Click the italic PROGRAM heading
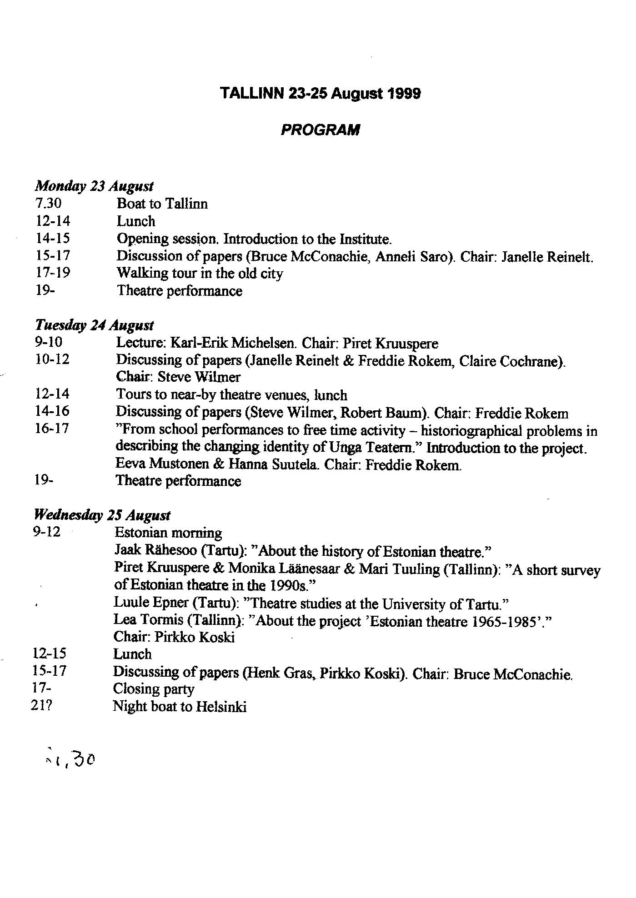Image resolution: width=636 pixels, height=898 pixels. point(320,130)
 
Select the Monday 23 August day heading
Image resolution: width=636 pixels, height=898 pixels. point(94,186)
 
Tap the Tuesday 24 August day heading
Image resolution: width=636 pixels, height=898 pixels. point(94,325)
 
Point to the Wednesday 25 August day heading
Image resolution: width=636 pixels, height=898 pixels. point(102,515)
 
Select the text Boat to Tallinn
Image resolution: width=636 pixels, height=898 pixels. point(162,204)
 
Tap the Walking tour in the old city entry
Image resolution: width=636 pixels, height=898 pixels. point(200,273)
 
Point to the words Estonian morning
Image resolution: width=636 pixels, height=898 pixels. point(168,532)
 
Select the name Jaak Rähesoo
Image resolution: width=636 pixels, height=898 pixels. point(155,550)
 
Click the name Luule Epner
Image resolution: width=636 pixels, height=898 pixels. point(151,603)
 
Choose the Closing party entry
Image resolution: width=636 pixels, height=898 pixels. point(153,689)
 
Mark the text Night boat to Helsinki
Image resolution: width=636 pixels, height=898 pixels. point(180,707)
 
